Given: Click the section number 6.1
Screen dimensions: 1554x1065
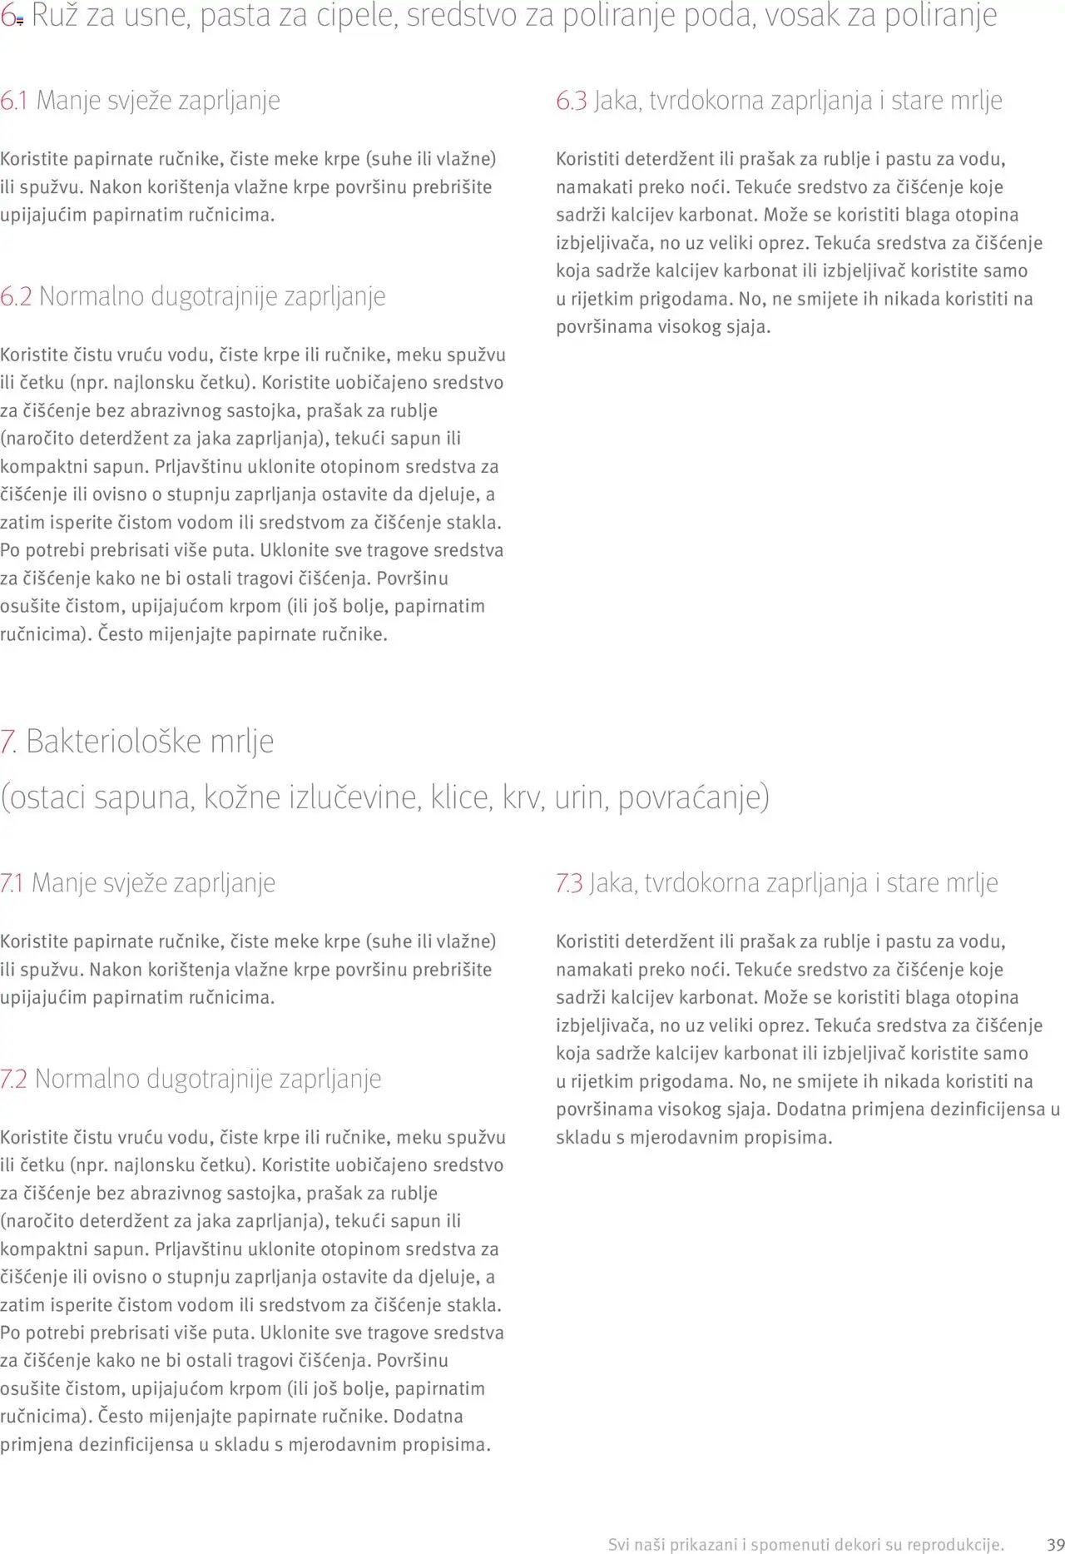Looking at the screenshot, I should (x=14, y=101).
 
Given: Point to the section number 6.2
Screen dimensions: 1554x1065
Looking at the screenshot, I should (x=16, y=296).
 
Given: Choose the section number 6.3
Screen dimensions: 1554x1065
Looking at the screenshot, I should (x=572, y=101).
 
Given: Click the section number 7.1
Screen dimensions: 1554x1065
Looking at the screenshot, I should (x=12, y=883).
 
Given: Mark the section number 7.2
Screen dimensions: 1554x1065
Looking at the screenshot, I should (x=14, y=1079).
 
